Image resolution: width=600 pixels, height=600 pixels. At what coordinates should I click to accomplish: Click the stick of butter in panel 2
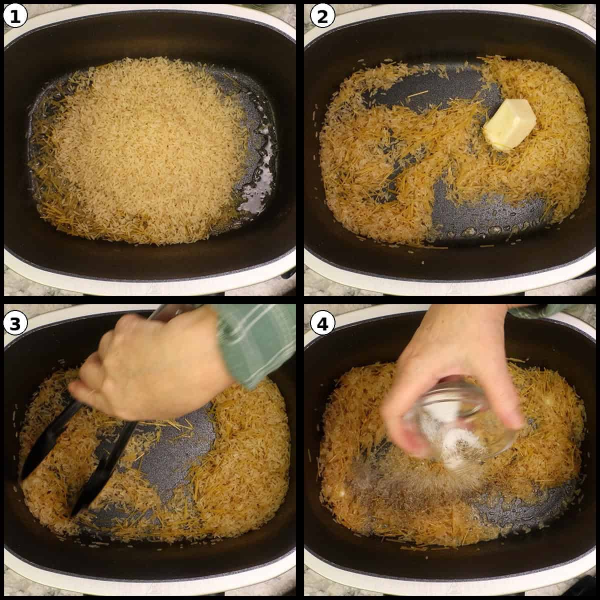[x=509, y=124]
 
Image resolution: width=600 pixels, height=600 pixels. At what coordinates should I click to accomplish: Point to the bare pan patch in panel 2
[x=480, y=210]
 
